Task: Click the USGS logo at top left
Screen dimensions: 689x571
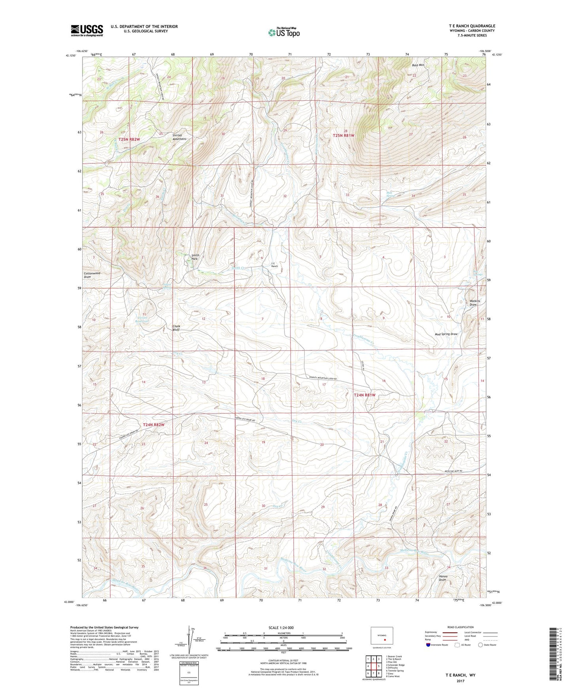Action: click(87, 30)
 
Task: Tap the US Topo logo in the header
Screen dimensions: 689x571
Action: click(283, 32)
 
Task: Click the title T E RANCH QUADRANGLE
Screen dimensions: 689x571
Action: click(471, 26)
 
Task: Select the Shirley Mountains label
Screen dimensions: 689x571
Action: click(179, 137)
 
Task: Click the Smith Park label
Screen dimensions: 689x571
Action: click(195, 257)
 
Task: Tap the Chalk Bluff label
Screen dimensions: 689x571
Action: click(176, 328)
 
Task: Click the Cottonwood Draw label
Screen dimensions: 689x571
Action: click(92, 275)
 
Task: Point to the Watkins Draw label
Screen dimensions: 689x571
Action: click(475, 303)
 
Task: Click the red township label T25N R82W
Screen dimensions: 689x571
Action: click(129, 140)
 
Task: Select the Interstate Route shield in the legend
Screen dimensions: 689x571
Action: click(428, 645)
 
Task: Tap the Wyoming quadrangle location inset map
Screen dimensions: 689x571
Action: click(382, 636)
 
